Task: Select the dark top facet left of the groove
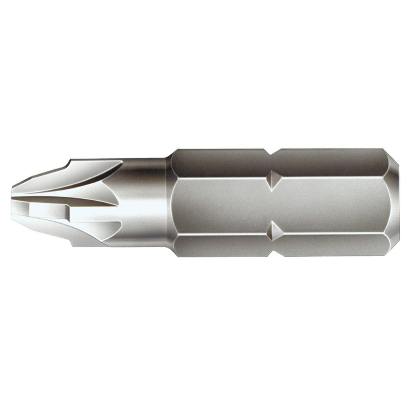pyautogui.click(x=220, y=162)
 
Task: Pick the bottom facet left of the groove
pyautogui.click(x=220, y=246)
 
